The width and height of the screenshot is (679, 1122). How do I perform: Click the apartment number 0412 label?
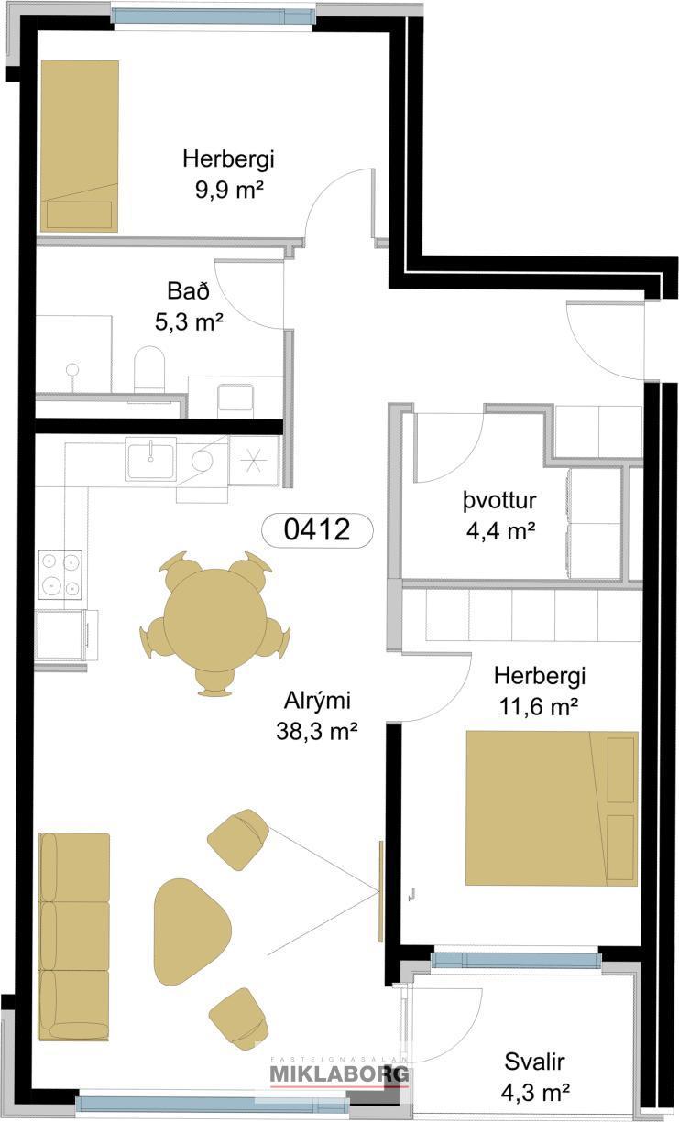[x=317, y=530]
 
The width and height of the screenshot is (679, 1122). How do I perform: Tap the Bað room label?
[x=189, y=291]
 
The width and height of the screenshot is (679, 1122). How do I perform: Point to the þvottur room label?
[x=499, y=501]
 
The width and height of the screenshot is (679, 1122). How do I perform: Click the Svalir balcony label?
[x=535, y=1062]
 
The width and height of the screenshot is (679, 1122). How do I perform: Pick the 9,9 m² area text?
[x=229, y=190]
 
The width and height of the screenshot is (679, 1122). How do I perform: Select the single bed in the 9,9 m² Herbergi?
[x=80, y=146]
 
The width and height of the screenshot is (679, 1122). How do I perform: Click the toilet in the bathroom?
[x=149, y=369]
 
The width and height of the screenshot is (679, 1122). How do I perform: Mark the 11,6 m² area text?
[x=539, y=707]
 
